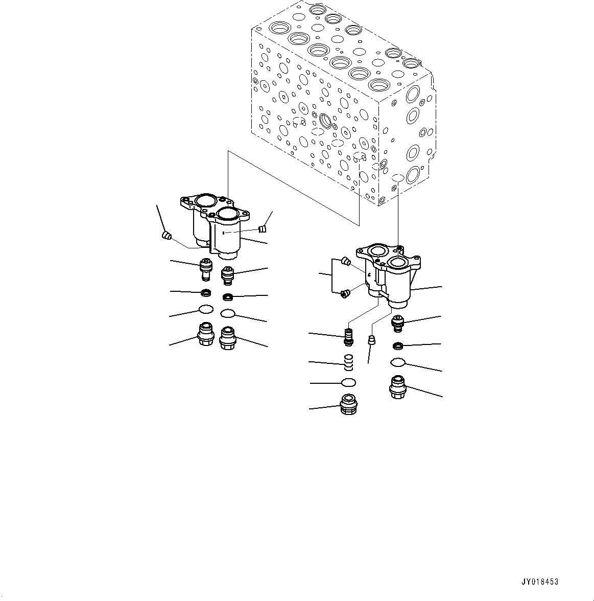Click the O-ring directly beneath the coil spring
348,382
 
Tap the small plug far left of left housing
165,235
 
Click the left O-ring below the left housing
206,309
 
